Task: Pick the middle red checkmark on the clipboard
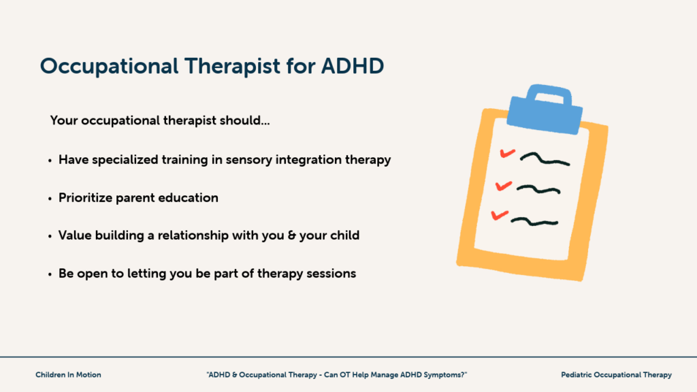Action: click(x=504, y=184)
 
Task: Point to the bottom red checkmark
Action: click(x=499, y=215)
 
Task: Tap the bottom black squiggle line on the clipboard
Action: click(x=534, y=220)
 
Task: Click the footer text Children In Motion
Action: click(x=68, y=375)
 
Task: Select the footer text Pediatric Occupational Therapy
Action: click(x=616, y=375)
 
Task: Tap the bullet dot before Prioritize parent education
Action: click(x=50, y=199)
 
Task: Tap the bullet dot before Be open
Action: click(x=50, y=274)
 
